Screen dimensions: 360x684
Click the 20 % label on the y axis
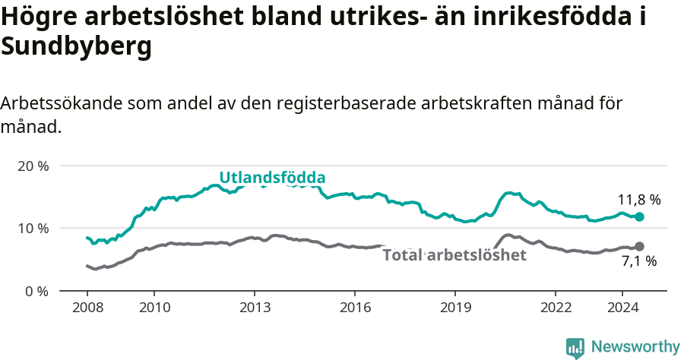click(x=33, y=166)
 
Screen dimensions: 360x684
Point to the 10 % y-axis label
click(x=33, y=228)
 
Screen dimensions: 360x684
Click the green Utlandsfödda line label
click(x=272, y=178)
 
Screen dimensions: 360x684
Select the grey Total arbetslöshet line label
click(x=454, y=255)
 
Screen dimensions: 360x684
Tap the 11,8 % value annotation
click(x=638, y=201)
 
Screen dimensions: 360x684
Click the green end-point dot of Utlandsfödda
click(x=639, y=217)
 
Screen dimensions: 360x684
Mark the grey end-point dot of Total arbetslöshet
click(x=639, y=246)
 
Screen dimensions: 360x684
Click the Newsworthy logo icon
click(x=575, y=347)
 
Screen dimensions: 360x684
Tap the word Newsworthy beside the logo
click(x=635, y=347)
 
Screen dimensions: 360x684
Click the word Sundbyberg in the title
click(x=76, y=47)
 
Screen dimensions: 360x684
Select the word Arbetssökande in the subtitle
click(x=62, y=103)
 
